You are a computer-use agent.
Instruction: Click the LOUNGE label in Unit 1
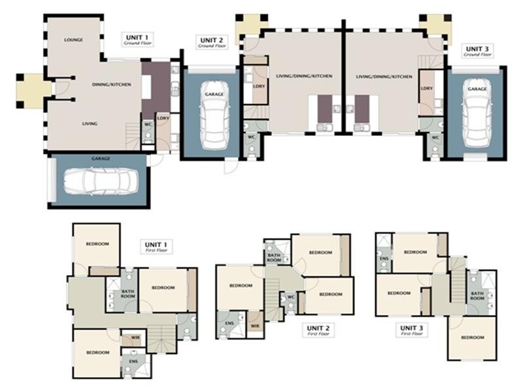73,40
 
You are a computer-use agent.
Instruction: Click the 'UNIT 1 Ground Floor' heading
137,39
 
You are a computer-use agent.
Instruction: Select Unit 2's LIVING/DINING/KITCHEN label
303,76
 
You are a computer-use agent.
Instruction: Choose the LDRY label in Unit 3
427,88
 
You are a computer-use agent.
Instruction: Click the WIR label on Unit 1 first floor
135,338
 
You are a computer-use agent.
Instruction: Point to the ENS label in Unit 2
229,323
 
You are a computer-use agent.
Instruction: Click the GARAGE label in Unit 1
101,159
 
